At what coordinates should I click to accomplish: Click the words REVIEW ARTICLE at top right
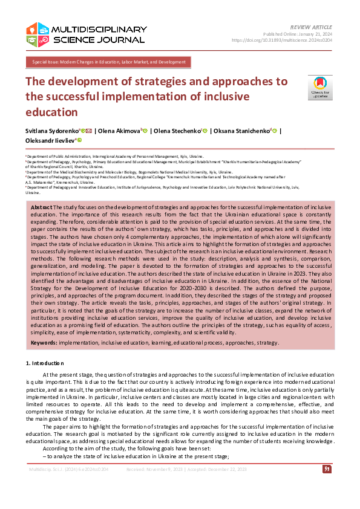click(312, 28)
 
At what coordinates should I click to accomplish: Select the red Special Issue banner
click(108, 62)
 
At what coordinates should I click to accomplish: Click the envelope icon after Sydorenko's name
click(89, 130)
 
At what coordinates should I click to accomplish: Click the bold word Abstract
click(41, 207)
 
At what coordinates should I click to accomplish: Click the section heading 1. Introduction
click(44, 363)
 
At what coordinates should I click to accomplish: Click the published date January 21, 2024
click(314, 34)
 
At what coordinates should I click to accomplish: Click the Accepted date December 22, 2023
click(233, 468)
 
